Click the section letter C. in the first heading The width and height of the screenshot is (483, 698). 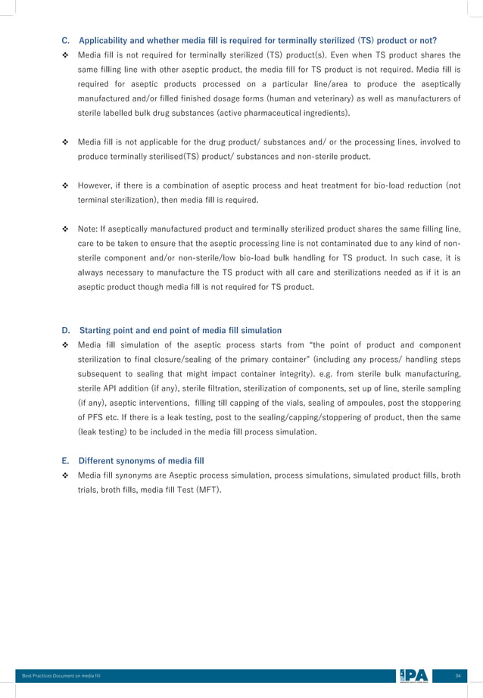(x=65, y=40)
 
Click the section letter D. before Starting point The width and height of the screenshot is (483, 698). (x=65, y=330)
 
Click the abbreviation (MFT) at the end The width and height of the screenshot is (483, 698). (x=209, y=489)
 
